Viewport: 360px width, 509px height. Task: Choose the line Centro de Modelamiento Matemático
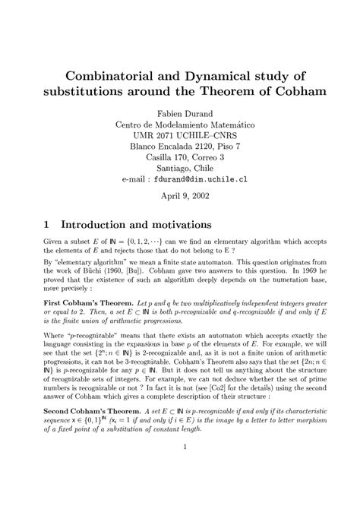(180, 124)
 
